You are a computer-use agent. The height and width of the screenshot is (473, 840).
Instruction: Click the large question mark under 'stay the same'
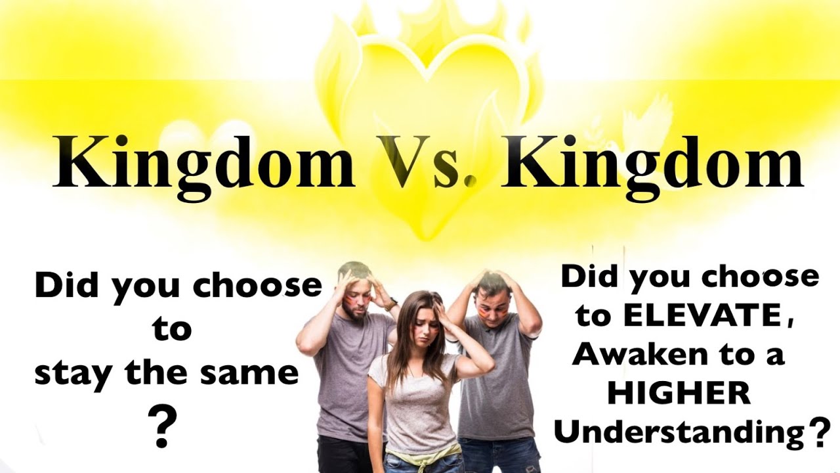[163, 425]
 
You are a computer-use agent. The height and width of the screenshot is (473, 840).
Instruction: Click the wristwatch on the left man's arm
[391, 304]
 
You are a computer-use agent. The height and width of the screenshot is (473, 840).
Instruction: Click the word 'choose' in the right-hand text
[768, 278]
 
